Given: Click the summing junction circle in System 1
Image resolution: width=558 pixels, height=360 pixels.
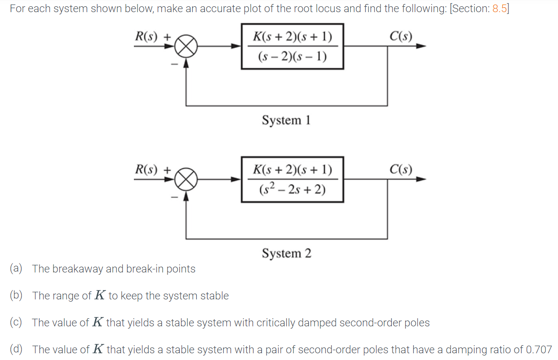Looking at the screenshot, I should click(186, 46).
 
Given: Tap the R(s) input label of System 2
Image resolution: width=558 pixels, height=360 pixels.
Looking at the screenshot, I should click(146, 170).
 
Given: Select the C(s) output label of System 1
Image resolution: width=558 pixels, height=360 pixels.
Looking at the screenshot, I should click(401, 36).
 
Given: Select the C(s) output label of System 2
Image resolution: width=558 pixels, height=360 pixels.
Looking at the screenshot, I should click(401, 170).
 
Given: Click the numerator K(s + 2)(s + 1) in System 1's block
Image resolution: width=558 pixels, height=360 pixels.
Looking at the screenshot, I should click(292, 36).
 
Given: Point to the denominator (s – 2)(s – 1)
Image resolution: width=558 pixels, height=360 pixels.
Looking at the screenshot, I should click(292, 57).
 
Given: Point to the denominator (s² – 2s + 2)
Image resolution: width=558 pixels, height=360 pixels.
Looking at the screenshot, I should click(292, 190).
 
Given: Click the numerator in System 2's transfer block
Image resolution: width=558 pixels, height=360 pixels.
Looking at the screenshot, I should click(292, 170).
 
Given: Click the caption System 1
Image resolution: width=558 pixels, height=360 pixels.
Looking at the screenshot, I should click(286, 120).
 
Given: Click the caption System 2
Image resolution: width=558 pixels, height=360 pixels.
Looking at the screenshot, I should click(286, 254).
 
